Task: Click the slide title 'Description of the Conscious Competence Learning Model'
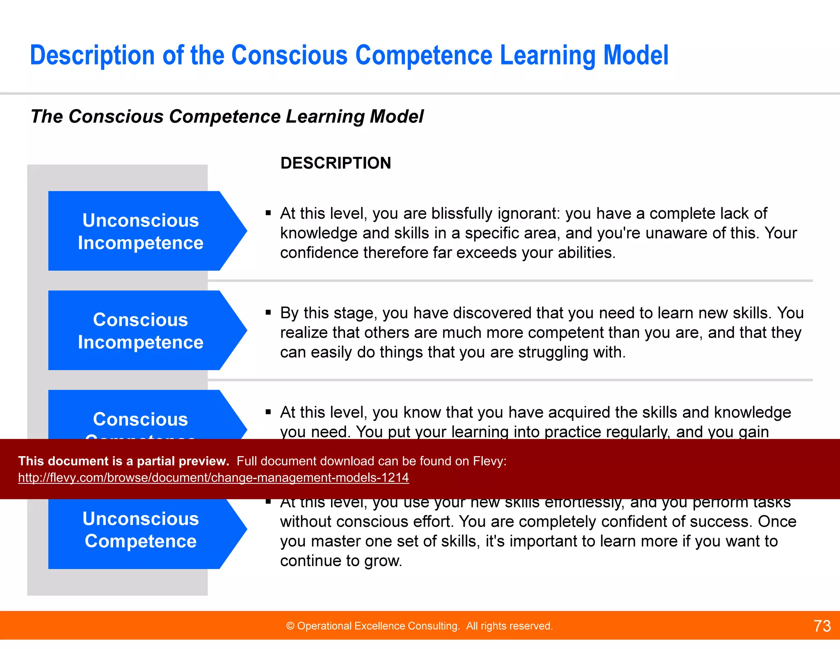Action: (349, 55)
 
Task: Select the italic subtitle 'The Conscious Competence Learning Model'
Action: (227, 117)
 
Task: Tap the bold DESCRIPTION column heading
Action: (336, 163)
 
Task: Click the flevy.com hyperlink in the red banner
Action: (213, 478)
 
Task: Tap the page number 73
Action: (822, 626)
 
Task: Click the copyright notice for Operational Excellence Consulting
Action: (419, 626)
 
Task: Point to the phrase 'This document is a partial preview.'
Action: (123, 461)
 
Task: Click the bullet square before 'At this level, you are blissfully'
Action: (268, 213)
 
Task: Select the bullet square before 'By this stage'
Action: (268, 312)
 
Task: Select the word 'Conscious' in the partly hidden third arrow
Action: (141, 419)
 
